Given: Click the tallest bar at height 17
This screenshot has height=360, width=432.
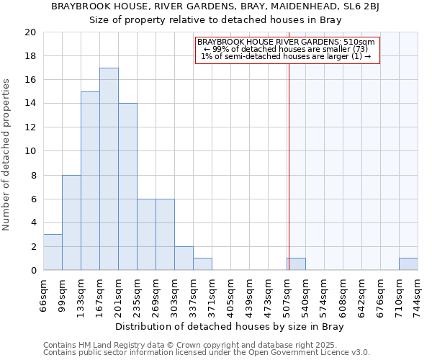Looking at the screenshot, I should [109, 169].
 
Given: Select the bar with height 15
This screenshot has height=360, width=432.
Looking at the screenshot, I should [90, 181].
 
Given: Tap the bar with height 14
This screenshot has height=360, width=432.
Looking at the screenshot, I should [127, 186].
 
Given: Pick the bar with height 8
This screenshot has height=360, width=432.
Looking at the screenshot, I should [71, 222].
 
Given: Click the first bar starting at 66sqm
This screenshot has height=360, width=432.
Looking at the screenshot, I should [53, 252].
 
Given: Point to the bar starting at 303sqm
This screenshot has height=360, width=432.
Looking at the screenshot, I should [184, 258].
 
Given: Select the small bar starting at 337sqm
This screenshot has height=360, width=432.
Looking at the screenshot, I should [202, 264].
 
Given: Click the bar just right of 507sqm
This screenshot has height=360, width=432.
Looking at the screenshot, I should [296, 264].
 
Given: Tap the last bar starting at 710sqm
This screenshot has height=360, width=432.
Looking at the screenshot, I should [408, 264].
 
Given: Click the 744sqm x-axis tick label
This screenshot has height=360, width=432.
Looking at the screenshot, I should [418, 295].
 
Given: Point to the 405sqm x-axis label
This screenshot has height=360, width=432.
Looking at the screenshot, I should [230, 295].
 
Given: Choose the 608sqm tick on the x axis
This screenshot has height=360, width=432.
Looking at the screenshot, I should [343, 295].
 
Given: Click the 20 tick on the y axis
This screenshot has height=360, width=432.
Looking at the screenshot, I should [30, 32].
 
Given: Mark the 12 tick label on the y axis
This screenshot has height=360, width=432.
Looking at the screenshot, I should [30, 127].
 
